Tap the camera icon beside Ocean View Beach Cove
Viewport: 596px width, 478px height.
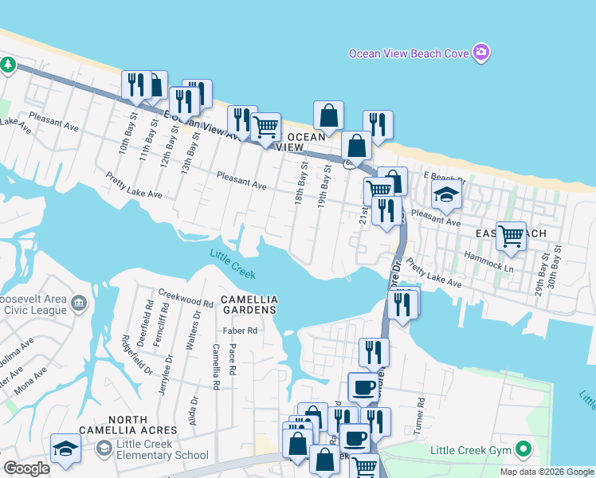pyautogui.click(x=480, y=53)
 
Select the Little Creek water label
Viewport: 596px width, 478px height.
pyautogui.click(x=232, y=264)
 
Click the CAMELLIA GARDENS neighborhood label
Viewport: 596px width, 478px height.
pyautogui.click(x=249, y=304)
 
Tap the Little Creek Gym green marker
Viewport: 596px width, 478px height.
pyautogui.click(x=523, y=451)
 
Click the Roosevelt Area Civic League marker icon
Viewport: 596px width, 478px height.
pyautogui.click(x=79, y=303)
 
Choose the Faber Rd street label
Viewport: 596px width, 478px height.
pyautogui.click(x=241, y=330)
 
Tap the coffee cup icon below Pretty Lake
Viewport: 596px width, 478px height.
pyautogui.click(x=365, y=387)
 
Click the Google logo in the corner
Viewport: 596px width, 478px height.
pyautogui.click(x=26, y=468)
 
